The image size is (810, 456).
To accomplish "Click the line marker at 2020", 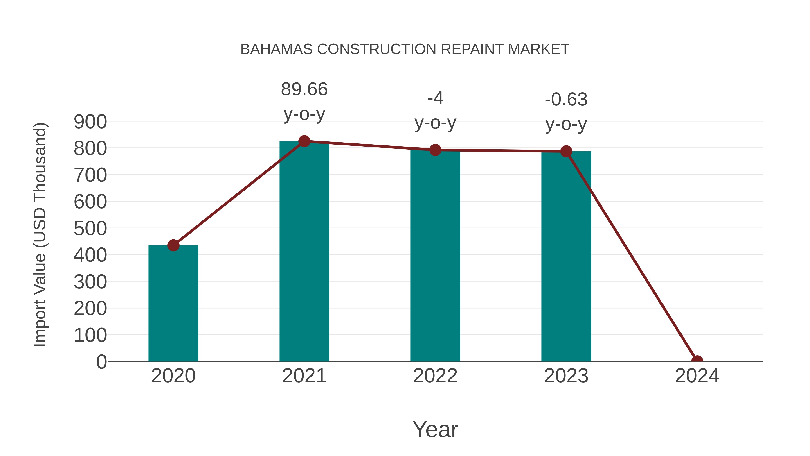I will [173, 245].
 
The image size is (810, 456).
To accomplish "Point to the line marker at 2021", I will [304, 141].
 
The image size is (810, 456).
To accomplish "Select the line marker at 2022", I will [435, 150].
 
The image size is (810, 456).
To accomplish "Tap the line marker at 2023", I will [566, 151].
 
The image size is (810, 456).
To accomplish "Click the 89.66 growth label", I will [304, 89].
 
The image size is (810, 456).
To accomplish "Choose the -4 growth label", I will [435, 98].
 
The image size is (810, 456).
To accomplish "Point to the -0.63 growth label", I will [566, 100].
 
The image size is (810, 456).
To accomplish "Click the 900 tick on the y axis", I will [90, 122].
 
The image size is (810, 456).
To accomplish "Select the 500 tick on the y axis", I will [90, 229].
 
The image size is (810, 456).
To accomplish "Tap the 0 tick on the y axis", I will [101, 362].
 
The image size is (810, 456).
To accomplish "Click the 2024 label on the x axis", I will [697, 376].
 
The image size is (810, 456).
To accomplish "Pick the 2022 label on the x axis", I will [435, 376].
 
